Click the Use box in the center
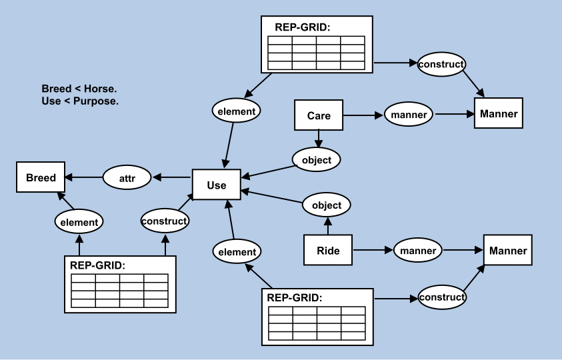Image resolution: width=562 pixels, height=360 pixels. tap(216, 185)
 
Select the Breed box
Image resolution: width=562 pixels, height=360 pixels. tap(41, 178)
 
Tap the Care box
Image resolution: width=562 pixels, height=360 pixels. tap(319, 115)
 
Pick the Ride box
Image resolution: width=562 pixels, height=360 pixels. tap(327, 251)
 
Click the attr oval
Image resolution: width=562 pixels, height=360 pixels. tap(127, 178)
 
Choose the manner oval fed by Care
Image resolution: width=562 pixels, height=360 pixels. tap(409, 115)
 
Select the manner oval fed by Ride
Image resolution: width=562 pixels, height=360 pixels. tap(418, 251)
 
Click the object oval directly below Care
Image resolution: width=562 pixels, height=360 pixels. tap(317, 160)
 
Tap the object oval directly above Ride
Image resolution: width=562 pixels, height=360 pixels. tap(327, 205)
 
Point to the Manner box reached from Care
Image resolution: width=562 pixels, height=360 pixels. tap(498, 113)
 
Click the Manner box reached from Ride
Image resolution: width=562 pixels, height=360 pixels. tap(507, 251)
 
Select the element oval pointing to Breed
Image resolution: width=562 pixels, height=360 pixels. tap(79, 222)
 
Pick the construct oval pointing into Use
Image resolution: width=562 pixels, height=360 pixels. tap(165, 220)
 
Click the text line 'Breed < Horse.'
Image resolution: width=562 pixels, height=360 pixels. tap(79, 89)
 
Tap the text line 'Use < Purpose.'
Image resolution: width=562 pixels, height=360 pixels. tap(80, 101)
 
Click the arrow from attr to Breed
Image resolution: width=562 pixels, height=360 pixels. tap(83, 178)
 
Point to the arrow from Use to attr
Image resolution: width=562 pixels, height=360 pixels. tap(172, 178)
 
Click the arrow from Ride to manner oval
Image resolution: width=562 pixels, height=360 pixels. tap(372, 251)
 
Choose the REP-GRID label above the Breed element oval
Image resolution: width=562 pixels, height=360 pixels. tap(97, 265)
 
